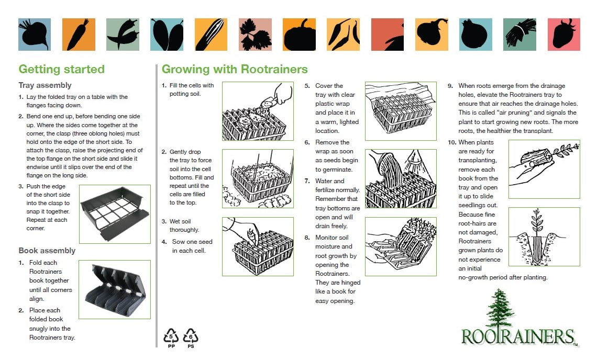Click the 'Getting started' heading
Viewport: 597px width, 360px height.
[61, 70]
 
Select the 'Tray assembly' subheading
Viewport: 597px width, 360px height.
[45, 85]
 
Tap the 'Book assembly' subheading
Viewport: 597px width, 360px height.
[47, 251]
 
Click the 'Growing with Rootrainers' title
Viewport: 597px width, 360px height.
[235, 70]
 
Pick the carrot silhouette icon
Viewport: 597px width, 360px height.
[79, 35]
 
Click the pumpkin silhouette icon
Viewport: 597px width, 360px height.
[299, 35]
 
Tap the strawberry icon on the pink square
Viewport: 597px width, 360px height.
[563, 35]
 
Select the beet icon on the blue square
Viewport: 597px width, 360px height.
[35, 35]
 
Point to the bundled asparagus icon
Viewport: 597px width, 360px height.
[519, 35]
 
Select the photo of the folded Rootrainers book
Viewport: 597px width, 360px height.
[115, 289]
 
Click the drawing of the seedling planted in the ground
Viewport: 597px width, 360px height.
[544, 237]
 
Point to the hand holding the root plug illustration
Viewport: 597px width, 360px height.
[544, 168]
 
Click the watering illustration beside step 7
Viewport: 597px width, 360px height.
[401, 178]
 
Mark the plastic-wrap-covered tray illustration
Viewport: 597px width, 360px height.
[401, 111]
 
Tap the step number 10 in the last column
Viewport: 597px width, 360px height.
[451, 142]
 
